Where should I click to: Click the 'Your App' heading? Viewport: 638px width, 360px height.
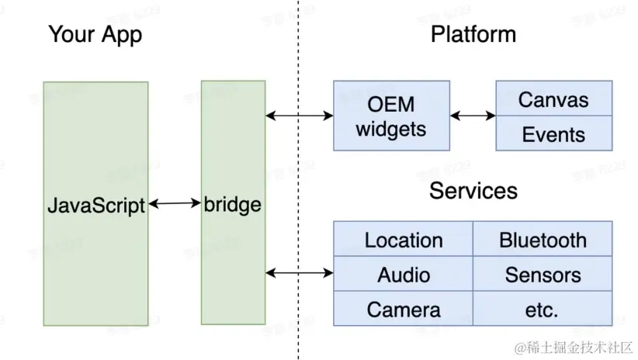click(x=95, y=35)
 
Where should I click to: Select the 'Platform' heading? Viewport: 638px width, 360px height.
click(x=473, y=35)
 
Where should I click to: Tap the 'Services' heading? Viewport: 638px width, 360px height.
click(x=473, y=190)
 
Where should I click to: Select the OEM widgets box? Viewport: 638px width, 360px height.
click(x=391, y=116)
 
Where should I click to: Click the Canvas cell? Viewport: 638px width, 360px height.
click(x=553, y=99)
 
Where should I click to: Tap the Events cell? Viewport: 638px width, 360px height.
click(x=553, y=134)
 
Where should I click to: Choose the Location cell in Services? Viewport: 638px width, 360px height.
click(x=404, y=240)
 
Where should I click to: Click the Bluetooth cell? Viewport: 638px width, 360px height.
click(x=543, y=240)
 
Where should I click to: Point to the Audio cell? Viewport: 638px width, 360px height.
click(x=404, y=275)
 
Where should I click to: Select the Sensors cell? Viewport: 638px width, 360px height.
click(x=543, y=275)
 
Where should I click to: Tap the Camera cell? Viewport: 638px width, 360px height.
click(x=404, y=310)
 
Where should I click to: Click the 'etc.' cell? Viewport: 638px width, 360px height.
click(x=543, y=310)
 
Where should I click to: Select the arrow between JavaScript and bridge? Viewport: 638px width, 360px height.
click(x=175, y=204)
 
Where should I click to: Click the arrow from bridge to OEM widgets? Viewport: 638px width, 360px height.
click(x=299, y=116)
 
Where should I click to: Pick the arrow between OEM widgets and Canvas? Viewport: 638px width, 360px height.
click(x=473, y=116)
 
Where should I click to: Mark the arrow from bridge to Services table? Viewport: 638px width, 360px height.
click(x=299, y=273)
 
